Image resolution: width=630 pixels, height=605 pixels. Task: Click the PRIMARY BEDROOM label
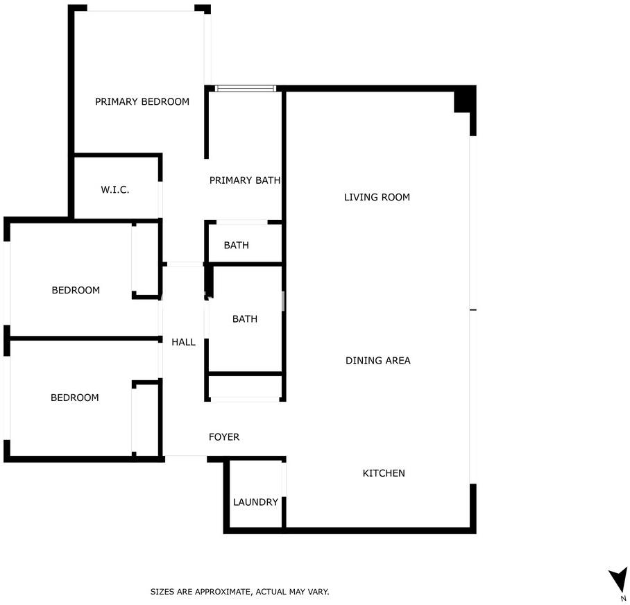(x=142, y=101)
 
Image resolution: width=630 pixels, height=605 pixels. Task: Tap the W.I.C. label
(x=115, y=189)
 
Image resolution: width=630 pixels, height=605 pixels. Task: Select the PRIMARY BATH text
(x=245, y=180)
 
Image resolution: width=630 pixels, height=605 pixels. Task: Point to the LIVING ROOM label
(x=377, y=197)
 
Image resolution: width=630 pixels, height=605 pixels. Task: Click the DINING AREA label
(x=378, y=361)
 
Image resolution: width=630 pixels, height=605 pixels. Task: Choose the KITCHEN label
(x=384, y=473)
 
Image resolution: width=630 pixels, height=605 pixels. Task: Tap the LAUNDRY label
(x=255, y=502)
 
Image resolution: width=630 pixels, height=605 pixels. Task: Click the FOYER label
(x=224, y=437)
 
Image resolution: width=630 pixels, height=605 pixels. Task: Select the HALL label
(x=183, y=342)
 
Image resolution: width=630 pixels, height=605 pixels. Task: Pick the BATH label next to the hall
(x=245, y=319)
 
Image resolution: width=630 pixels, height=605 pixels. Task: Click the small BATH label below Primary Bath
(x=236, y=245)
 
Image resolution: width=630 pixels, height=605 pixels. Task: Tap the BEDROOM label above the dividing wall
(x=76, y=290)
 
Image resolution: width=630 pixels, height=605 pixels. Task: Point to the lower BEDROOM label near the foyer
(x=75, y=398)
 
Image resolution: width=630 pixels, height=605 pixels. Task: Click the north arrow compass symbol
(x=618, y=580)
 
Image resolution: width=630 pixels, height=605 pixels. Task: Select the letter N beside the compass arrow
(x=623, y=599)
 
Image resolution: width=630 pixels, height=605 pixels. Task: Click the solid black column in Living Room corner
(x=463, y=101)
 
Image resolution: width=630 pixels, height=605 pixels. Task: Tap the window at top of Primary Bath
(x=245, y=88)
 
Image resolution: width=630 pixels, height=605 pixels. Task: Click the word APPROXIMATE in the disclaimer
(x=225, y=592)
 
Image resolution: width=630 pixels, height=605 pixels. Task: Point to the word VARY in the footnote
(x=318, y=592)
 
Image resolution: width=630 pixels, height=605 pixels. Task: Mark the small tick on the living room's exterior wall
(x=473, y=310)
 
